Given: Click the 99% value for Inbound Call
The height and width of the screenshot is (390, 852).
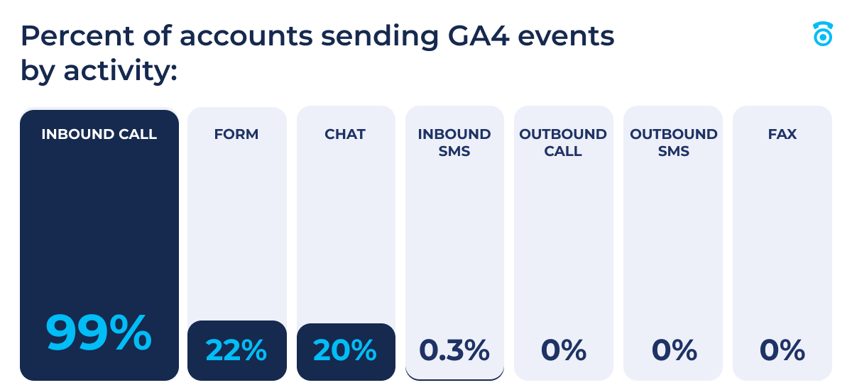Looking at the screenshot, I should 99,333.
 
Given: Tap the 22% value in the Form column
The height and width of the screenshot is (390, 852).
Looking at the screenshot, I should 236,350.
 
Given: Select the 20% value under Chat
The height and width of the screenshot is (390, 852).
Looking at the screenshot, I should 345,350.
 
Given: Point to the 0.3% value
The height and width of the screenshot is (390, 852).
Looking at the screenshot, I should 454,350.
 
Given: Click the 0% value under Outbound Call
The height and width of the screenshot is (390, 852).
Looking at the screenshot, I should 564,350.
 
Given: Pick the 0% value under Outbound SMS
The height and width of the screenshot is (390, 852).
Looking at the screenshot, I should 674,350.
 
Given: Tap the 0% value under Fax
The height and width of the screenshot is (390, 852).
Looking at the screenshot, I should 782,350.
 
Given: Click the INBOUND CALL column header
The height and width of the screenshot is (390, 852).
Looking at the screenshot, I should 99,134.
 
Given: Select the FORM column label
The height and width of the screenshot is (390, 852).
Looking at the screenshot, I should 236,134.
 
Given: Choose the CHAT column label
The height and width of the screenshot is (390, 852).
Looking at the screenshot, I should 345,134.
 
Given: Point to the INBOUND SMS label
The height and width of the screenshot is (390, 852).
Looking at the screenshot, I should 454,142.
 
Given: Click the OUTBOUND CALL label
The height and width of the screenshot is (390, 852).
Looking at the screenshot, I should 563,142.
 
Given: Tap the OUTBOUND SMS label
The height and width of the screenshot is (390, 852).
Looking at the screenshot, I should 674,142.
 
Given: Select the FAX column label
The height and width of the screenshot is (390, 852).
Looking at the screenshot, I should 782,134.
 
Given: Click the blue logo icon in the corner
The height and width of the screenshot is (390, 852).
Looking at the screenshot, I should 822,34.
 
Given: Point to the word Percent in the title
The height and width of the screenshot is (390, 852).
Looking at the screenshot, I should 67,35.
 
